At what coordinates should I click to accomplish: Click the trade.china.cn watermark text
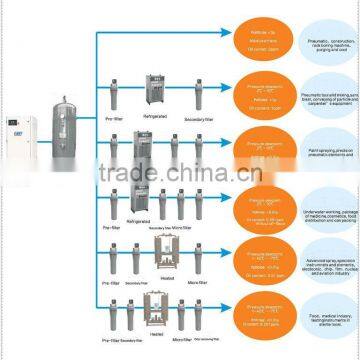point(180,170)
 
